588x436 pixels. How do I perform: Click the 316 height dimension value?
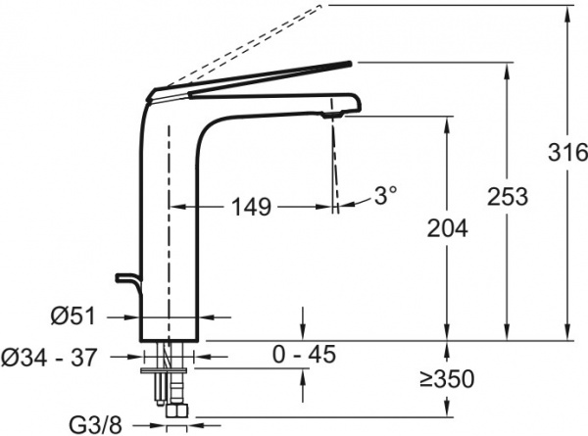(567, 153)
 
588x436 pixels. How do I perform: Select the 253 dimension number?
(508, 196)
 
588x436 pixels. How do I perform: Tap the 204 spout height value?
(448, 227)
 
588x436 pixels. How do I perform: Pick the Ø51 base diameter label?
(73, 315)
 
